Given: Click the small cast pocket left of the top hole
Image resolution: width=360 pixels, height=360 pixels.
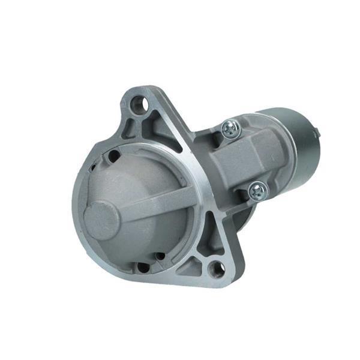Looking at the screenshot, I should pyautogui.click(x=128, y=122).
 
